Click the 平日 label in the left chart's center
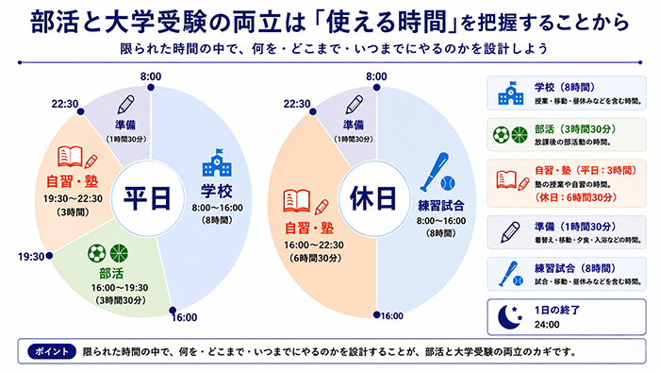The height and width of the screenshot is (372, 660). (147, 198)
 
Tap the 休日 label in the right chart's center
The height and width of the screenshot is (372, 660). (373, 198)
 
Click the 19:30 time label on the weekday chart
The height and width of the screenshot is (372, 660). (31, 257)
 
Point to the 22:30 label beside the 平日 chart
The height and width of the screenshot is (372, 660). (65, 104)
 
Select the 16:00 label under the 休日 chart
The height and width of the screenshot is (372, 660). (392, 316)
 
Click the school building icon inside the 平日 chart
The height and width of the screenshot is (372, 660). (217, 162)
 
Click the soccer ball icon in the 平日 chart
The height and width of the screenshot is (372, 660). (97, 254)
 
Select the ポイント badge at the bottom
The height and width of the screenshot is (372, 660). (52, 352)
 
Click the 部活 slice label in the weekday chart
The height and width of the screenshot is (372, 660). (111, 274)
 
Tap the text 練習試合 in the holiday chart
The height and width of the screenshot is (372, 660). (441, 206)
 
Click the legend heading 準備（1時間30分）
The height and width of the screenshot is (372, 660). (575, 228)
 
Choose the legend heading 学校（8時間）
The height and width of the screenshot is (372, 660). (565, 87)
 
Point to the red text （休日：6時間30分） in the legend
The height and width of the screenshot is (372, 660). (575, 197)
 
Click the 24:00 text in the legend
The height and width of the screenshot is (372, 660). (547, 325)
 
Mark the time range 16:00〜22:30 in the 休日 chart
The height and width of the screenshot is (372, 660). (314, 245)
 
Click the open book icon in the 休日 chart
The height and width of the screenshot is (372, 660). (297, 201)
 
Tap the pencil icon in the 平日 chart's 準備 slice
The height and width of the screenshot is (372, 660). (125, 105)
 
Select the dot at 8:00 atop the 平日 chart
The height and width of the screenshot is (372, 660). (151, 88)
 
